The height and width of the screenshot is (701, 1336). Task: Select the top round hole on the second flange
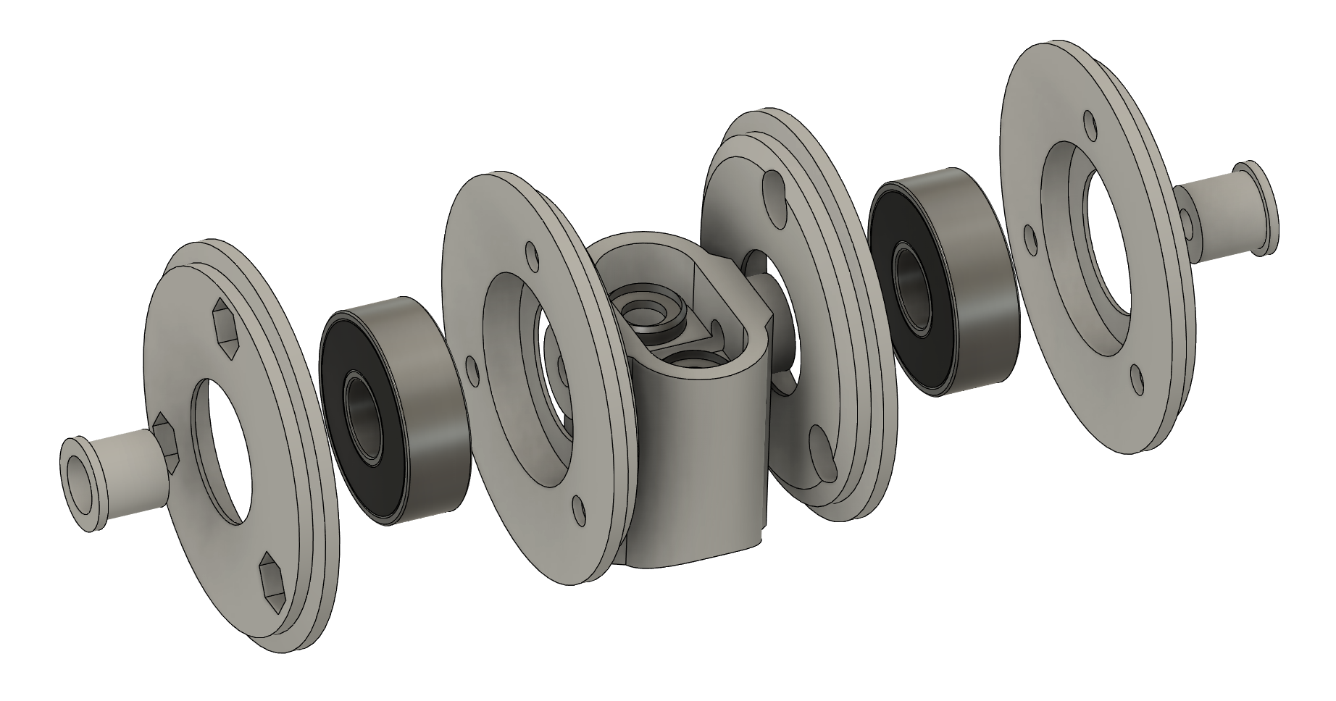[533, 257]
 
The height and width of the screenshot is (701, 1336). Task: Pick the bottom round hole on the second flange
[579, 509]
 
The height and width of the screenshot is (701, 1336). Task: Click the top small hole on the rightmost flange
[1089, 124]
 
